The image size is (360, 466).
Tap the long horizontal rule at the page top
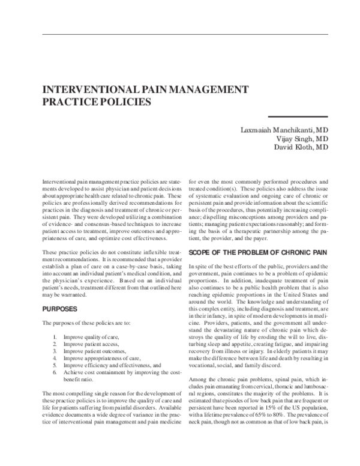(x=180, y=34)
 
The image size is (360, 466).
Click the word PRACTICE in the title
(x=65, y=101)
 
